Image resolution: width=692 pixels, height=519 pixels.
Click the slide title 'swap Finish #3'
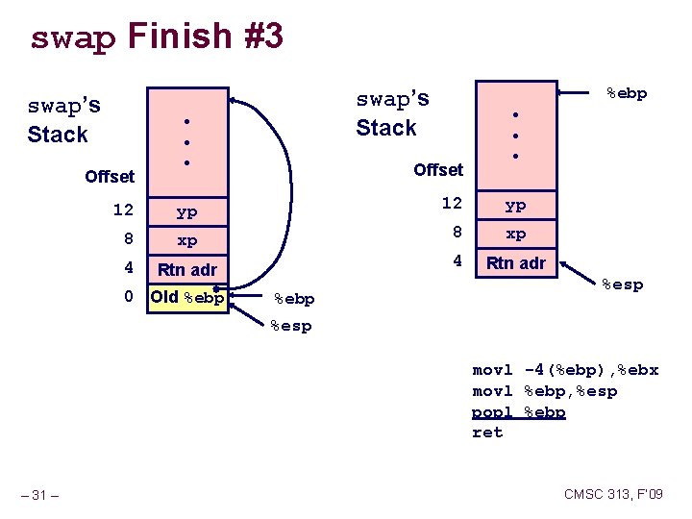tap(157, 37)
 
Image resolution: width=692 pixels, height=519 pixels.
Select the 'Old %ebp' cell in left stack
tap(186, 297)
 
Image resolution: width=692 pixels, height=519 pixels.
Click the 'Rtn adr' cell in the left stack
tap(186, 269)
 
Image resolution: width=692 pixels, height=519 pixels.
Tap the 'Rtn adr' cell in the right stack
tap(515, 262)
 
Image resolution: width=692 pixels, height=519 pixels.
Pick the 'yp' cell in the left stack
tap(186, 211)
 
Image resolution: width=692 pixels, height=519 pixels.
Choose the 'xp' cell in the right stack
tap(515, 234)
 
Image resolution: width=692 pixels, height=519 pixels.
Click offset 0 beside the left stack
tap(128, 297)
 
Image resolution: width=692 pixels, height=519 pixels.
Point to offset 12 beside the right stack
tap(452, 204)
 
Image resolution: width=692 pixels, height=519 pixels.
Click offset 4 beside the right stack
tap(457, 260)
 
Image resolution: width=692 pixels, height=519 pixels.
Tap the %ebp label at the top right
tap(626, 93)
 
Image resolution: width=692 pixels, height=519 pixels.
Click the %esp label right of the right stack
tap(622, 284)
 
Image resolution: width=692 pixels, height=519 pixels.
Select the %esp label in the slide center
tap(291, 326)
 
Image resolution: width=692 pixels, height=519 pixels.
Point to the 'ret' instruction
tap(487, 432)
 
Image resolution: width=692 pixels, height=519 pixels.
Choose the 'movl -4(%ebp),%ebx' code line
tap(565, 370)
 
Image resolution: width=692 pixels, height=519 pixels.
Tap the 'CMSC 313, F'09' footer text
tap(613, 495)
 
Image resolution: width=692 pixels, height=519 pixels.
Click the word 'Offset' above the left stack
tap(110, 177)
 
